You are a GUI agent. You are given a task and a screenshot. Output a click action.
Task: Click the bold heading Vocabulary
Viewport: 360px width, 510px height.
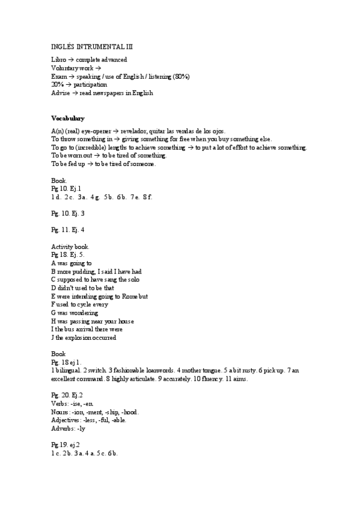tap(67, 118)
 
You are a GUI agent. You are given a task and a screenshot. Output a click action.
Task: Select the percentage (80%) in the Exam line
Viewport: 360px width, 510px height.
tap(181, 76)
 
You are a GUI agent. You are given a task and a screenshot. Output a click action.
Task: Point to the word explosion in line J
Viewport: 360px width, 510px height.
tap(78, 337)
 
